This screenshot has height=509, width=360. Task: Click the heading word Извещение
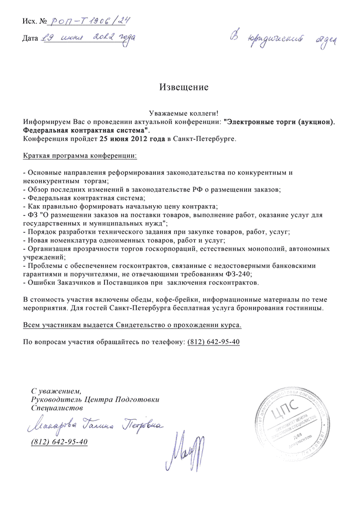coord(183,87)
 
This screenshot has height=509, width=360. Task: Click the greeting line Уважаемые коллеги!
coord(183,113)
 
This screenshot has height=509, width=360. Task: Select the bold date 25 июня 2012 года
coord(132,139)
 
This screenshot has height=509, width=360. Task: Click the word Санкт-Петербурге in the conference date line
coord(205,139)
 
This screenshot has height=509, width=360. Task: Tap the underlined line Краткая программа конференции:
coord(80,156)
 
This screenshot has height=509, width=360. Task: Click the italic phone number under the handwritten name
coord(59,442)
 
